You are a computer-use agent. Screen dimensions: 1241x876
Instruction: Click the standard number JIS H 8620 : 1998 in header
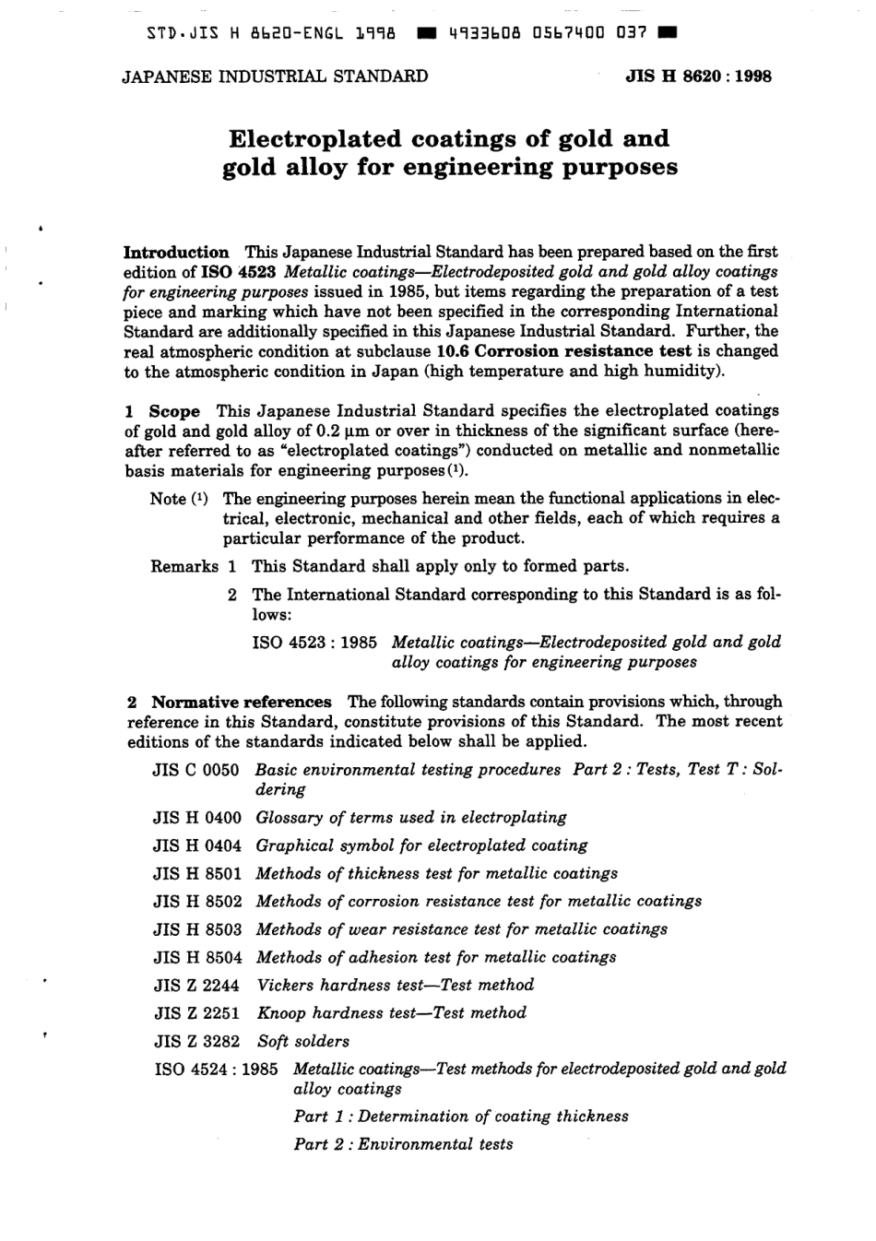tap(699, 77)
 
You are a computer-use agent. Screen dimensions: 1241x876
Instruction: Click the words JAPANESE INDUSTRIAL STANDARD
tap(275, 77)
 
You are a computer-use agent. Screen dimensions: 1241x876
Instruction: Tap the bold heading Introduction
tap(176, 252)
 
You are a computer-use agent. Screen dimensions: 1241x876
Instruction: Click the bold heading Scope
tap(174, 411)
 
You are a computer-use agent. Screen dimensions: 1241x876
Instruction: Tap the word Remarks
tap(184, 566)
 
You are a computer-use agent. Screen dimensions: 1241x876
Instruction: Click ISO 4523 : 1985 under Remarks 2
tap(314, 642)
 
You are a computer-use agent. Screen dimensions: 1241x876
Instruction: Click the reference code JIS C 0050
tap(196, 770)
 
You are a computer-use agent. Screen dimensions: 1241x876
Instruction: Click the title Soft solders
tap(302, 1041)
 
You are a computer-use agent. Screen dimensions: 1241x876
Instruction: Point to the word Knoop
tap(281, 1013)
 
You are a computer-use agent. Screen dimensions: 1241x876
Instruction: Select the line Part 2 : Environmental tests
tap(403, 1144)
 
